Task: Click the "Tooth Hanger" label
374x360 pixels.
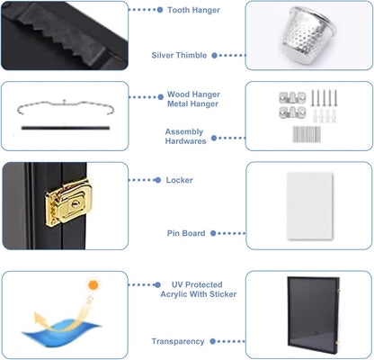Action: [193, 10]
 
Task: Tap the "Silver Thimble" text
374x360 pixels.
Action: [179, 55]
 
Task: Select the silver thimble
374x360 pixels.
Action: [307, 35]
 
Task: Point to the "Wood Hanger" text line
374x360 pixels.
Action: [193, 94]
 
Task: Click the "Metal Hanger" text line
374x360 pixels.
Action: [192, 103]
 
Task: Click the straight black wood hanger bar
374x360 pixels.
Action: [66, 128]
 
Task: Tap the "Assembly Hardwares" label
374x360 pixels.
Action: [185, 136]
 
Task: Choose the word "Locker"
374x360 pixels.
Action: [179, 180]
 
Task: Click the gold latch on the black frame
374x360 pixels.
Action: [68, 203]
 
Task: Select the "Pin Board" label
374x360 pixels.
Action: [186, 233]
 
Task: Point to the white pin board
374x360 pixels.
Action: [310, 206]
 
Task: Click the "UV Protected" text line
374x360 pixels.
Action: [197, 284]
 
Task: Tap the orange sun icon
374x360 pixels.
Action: [93, 285]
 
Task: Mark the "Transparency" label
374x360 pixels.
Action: [178, 341]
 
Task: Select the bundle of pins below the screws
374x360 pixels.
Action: [307, 134]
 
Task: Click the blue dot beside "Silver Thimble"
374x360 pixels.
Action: [214, 55]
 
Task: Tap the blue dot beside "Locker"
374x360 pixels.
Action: [158, 180]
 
